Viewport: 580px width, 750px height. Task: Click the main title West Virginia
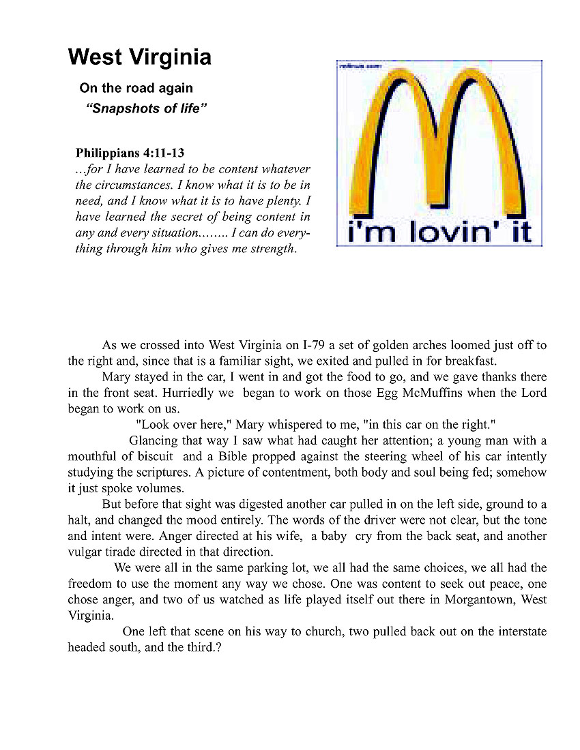139,57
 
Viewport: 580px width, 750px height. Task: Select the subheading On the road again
136,88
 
